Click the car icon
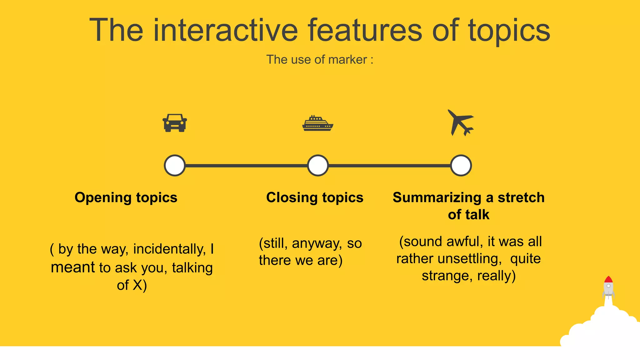[175, 123]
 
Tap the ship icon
[317, 123]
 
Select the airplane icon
[460, 122]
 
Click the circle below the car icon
[175, 165]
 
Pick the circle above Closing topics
[318, 165]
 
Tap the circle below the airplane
[461, 165]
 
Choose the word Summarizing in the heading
[437, 198]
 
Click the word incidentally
[169, 249]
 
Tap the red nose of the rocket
[608, 279]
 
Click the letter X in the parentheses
[137, 285]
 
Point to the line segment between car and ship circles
[246, 166]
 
